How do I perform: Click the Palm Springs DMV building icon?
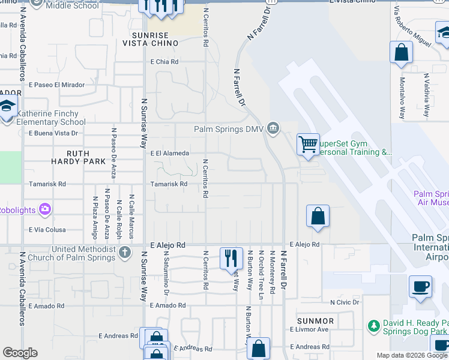click(x=273, y=128)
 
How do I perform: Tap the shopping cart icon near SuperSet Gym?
click(x=308, y=144)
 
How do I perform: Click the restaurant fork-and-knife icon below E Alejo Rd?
click(x=231, y=258)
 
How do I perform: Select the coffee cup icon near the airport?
click(x=421, y=286)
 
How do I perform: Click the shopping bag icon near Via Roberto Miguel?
click(x=401, y=53)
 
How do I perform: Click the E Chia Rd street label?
click(x=165, y=62)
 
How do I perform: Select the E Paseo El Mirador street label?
click(x=56, y=85)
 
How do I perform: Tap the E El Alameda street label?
click(x=170, y=154)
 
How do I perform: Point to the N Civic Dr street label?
click(x=345, y=302)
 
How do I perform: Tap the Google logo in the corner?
click(x=20, y=353)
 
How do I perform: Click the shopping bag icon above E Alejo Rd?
click(x=318, y=217)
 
